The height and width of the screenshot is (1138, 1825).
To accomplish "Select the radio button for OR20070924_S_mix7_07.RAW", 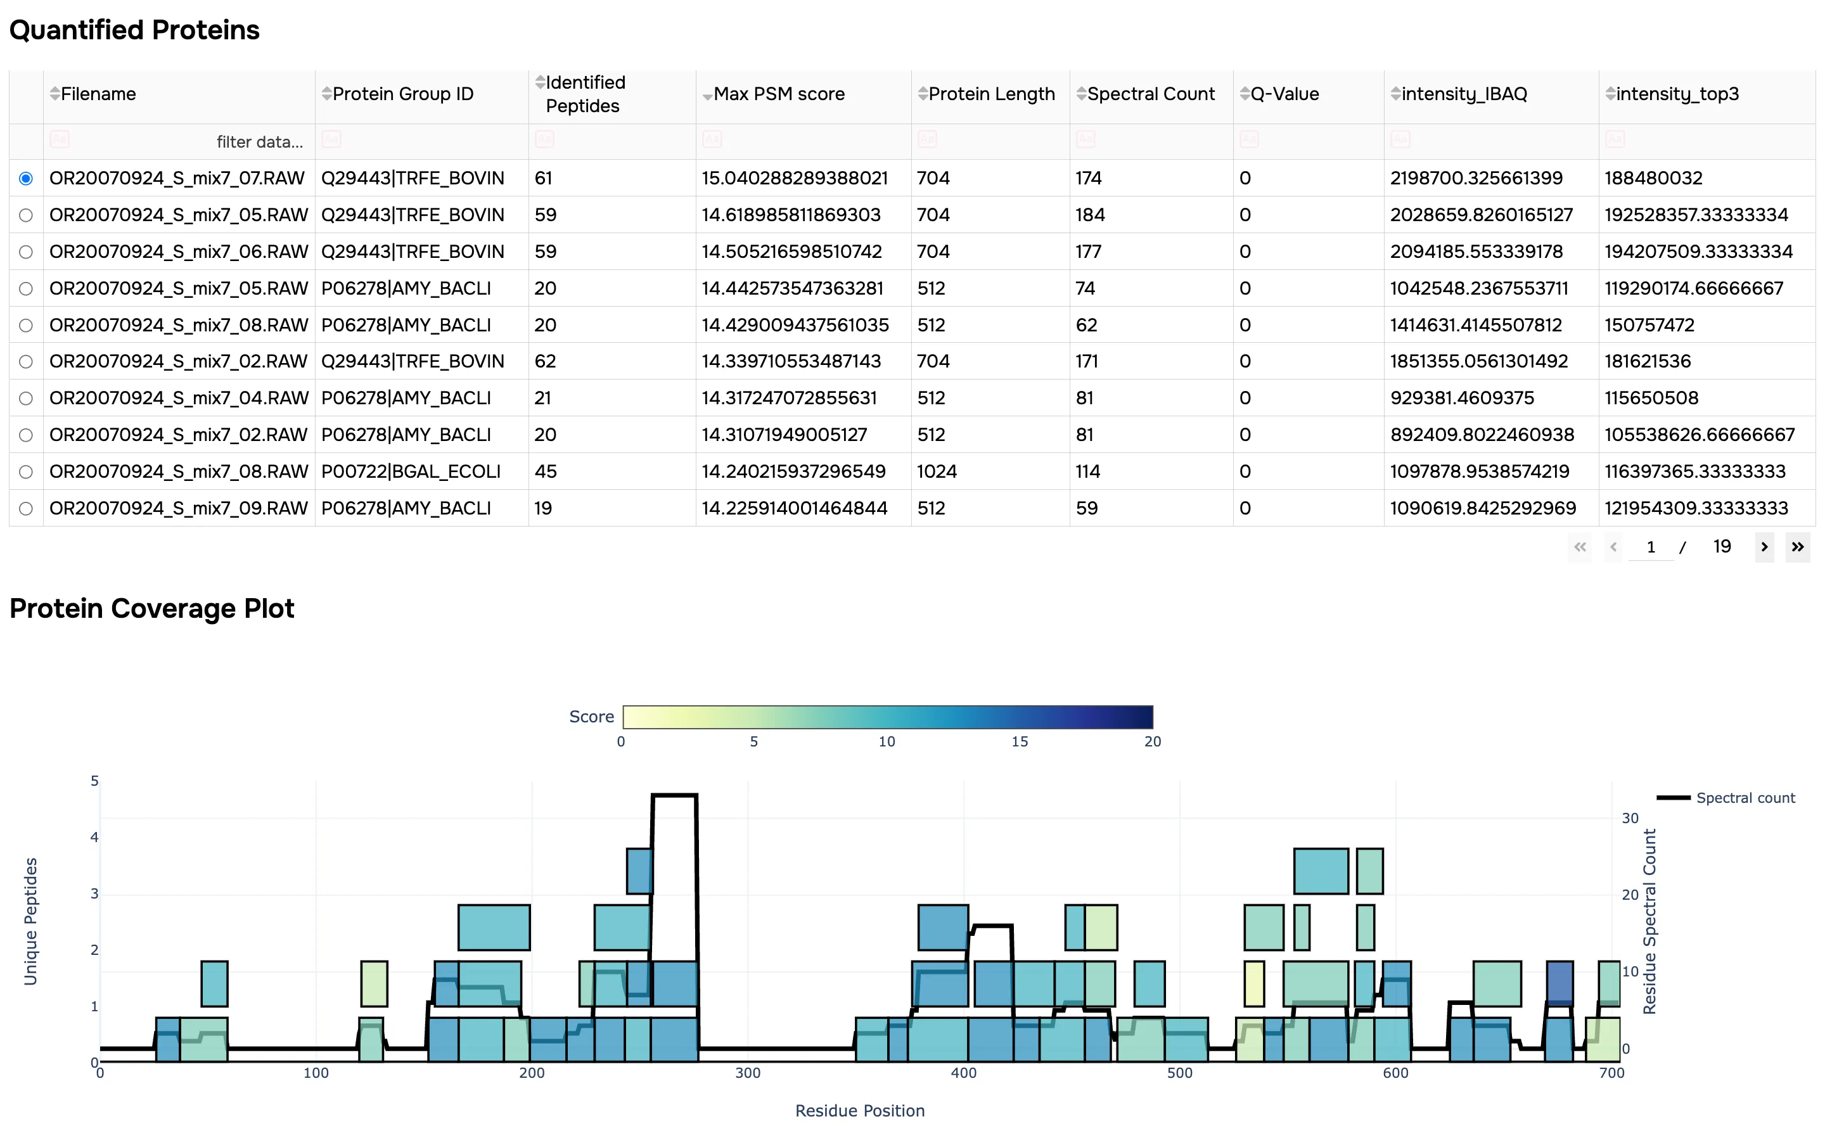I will [x=25, y=179].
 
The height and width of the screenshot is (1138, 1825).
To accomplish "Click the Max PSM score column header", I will [x=778, y=94].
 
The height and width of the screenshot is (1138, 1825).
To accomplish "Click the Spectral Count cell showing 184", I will [x=1090, y=215].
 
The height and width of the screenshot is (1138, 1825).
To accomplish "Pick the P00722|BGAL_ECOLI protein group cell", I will [x=410, y=472].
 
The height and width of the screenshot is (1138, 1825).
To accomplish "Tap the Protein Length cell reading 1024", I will [x=936, y=472].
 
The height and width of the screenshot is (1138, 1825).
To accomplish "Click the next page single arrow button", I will [x=1764, y=547].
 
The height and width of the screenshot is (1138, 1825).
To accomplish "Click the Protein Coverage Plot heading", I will [x=151, y=608].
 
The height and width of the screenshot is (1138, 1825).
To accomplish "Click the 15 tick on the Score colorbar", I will [x=1019, y=741].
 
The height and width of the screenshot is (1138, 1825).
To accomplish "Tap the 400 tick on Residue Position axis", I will [x=963, y=1073].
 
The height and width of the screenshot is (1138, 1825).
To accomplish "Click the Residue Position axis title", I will [x=859, y=1111].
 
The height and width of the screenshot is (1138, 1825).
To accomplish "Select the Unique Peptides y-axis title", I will [x=30, y=921].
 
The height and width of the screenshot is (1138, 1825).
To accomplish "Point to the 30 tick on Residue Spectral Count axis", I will [x=1629, y=818].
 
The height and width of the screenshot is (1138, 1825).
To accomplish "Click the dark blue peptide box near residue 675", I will [x=1559, y=981].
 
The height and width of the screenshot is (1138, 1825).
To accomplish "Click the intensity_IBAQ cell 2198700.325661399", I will [x=1475, y=179].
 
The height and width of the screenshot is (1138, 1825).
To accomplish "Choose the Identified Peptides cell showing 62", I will [x=545, y=361].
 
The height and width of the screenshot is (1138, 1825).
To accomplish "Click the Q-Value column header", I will [x=1284, y=94].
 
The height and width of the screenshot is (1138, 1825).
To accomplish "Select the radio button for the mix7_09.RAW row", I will [x=25, y=509].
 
